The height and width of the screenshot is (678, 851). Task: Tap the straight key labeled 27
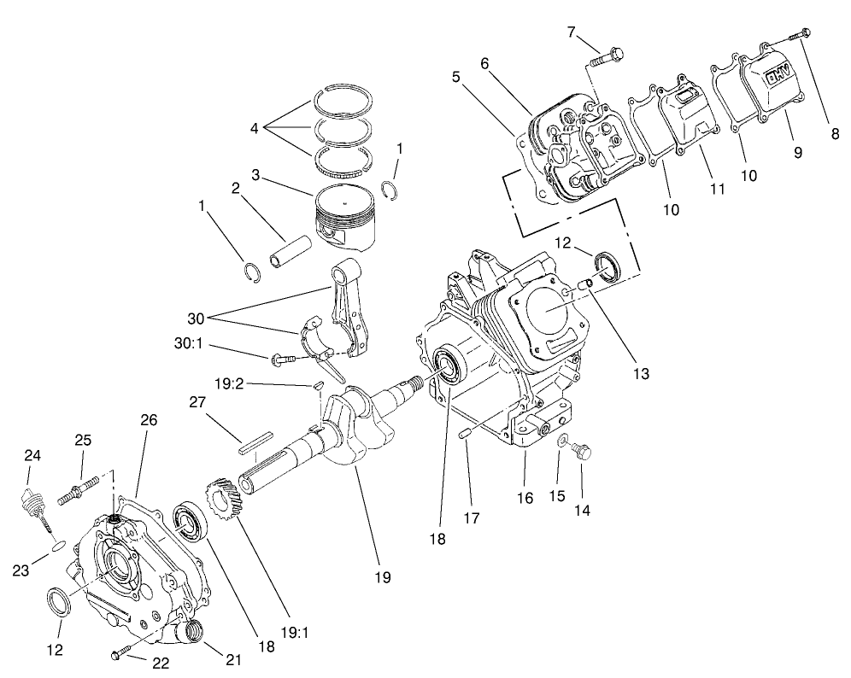255,443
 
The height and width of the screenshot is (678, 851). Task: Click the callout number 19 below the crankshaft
382,578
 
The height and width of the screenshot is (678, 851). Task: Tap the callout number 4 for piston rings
254,129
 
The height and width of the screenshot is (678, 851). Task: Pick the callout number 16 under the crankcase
525,497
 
